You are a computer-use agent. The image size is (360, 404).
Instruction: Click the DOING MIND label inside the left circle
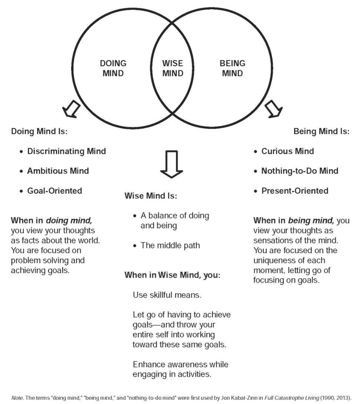coord(113,68)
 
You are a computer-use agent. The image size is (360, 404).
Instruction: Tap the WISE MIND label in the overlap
coord(173,68)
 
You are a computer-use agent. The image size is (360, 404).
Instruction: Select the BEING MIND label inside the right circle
coord(232,68)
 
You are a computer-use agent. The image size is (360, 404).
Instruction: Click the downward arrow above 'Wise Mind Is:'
coord(171,164)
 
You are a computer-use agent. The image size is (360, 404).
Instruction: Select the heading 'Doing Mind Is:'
coord(39,132)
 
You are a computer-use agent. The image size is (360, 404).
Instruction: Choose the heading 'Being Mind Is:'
coord(321,132)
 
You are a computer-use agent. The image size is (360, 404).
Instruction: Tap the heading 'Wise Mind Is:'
coord(151,196)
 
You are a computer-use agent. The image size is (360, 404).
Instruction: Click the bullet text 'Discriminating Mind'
coord(66,151)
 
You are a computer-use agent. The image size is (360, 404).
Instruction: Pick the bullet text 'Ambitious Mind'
coord(58,171)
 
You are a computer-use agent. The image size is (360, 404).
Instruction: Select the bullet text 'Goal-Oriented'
coord(54,191)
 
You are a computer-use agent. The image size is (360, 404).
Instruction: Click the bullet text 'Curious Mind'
coord(287,151)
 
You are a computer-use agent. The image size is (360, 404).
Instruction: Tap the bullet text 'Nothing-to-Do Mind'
coord(300,171)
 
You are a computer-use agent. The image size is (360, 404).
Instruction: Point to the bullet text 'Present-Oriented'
coord(295,191)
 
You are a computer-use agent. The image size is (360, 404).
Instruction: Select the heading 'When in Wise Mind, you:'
coord(172,275)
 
